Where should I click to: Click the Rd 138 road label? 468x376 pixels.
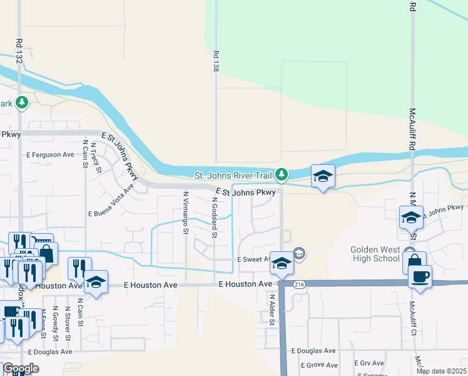[x=216, y=61]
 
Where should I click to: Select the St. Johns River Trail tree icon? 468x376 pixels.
[x=282, y=174]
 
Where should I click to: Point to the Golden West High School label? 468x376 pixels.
[x=374, y=254]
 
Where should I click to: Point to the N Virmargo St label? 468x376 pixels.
[x=185, y=213]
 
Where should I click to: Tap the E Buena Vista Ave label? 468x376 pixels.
[x=111, y=201]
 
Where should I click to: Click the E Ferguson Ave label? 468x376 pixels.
[x=50, y=154]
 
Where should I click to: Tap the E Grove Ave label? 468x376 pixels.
[x=318, y=365]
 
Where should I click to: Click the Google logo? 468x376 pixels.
[x=21, y=368]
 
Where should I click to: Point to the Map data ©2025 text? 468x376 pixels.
[x=440, y=371]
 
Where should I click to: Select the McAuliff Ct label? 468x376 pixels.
[x=412, y=317]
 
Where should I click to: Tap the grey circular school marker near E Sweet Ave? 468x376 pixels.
[x=299, y=254]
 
